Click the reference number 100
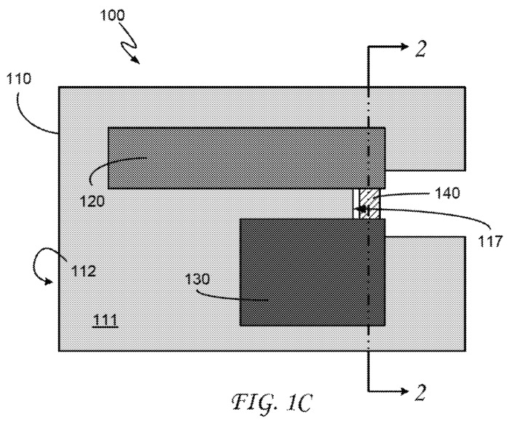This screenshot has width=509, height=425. click(x=112, y=15)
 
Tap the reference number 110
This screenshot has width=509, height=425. click(x=19, y=79)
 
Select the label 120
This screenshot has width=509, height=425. click(x=92, y=202)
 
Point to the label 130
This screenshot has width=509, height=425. click(x=197, y=279)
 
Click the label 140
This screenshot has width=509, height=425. click(x=447, y=193)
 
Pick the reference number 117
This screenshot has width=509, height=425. click(x=490, y=242)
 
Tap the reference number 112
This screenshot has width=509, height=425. click(x=84, y=271)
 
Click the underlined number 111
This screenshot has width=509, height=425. click(x=105, y=321)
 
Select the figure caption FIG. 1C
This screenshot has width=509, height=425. click(x=272, y=402)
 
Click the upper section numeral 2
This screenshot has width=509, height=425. click(x=421, y=49)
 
